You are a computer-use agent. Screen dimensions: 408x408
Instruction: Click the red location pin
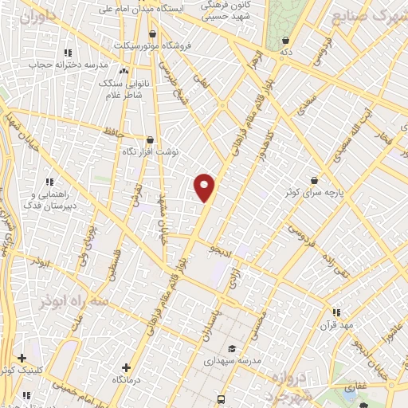click(205, 187)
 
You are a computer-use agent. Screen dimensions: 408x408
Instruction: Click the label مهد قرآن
click(336, 326)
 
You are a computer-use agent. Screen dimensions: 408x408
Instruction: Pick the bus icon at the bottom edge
click(221, 400)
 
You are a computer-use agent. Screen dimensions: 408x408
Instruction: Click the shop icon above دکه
click(285, 39)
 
